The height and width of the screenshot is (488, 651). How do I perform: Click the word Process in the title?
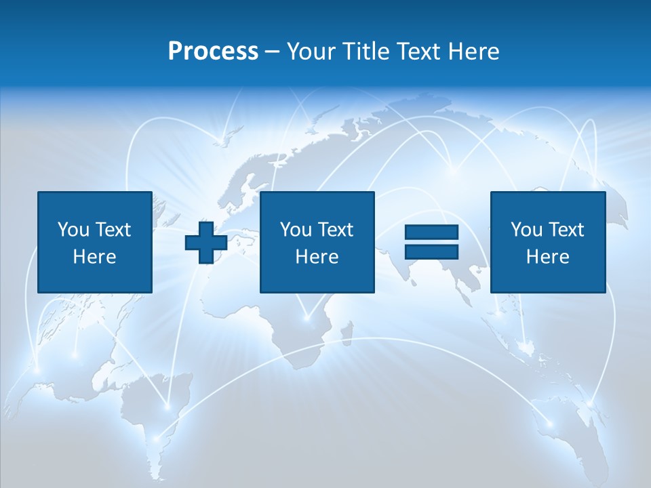(213, 51)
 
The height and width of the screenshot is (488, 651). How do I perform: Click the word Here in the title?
(475, 51)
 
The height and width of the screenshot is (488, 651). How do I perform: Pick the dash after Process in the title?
(272, 52)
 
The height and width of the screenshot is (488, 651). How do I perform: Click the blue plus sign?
(206, 243)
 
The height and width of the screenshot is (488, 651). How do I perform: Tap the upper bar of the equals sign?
(431, 232)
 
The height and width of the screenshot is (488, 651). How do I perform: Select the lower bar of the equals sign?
(431, 251)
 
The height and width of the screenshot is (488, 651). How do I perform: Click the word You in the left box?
(73, 229)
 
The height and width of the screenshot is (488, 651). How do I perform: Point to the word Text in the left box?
(112, 229)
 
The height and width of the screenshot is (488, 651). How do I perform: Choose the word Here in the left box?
(94, 256)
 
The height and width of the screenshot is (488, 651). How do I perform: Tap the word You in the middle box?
(296, 229)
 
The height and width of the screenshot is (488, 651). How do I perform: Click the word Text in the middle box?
(334, 229)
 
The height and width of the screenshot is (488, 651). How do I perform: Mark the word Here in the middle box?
(317, 256)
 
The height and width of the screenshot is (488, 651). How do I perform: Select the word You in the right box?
(526, 229)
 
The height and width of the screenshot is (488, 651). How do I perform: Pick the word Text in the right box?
(565, 229)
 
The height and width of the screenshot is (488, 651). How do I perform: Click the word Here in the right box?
(547, 256)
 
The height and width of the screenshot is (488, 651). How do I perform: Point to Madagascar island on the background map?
(346, 335)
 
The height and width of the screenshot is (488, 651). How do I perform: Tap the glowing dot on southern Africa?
(307, 317)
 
